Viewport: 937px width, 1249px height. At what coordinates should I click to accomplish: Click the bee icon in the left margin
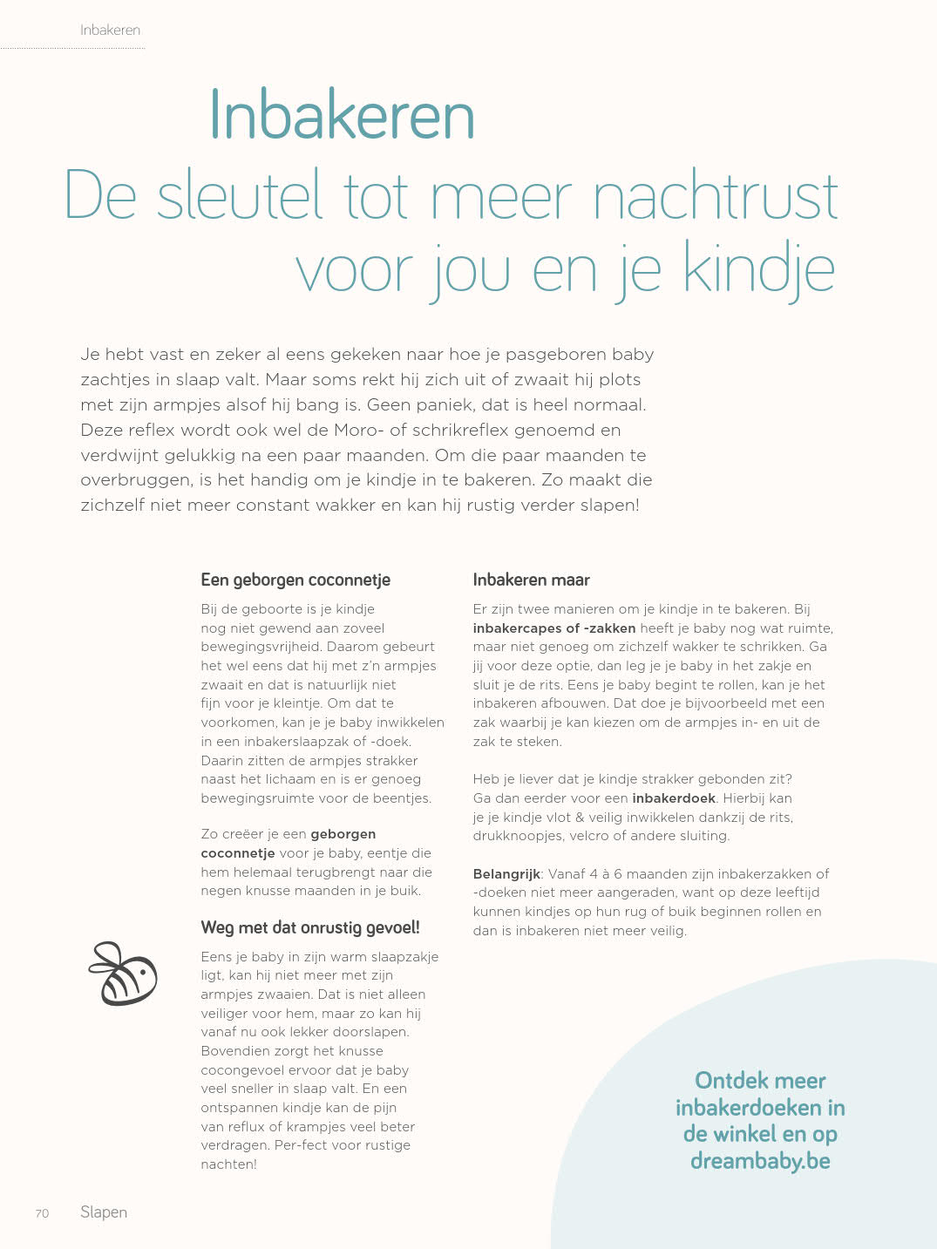tap(123, 974)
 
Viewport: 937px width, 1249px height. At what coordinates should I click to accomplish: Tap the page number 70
tap(42, 1213)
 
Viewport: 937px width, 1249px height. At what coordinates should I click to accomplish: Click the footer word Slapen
tap(104, 1212)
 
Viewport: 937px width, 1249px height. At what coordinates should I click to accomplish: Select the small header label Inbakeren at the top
tap(110, 30)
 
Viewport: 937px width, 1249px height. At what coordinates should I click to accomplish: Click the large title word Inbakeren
tap(342, 116)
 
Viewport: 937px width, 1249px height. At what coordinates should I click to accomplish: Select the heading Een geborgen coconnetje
tap(295, 580)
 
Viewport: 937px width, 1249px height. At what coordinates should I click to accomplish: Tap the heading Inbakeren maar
tap(531, 580)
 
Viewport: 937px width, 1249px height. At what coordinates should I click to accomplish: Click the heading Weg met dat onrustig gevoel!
tap(310, 927)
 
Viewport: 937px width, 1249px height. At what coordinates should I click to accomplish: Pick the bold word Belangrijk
tap(506, 873)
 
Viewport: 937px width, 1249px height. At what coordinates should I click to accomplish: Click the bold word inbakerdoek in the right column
tap(674, 798)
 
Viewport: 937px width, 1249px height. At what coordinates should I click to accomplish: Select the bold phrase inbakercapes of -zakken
tap(553, 628)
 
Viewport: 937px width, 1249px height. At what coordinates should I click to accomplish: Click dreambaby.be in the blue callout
tap(760, 1161)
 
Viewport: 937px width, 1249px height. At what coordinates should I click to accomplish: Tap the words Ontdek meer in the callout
tap(760, 1081)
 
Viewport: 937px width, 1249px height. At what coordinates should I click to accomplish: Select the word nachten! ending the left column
tap(228, 1164)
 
